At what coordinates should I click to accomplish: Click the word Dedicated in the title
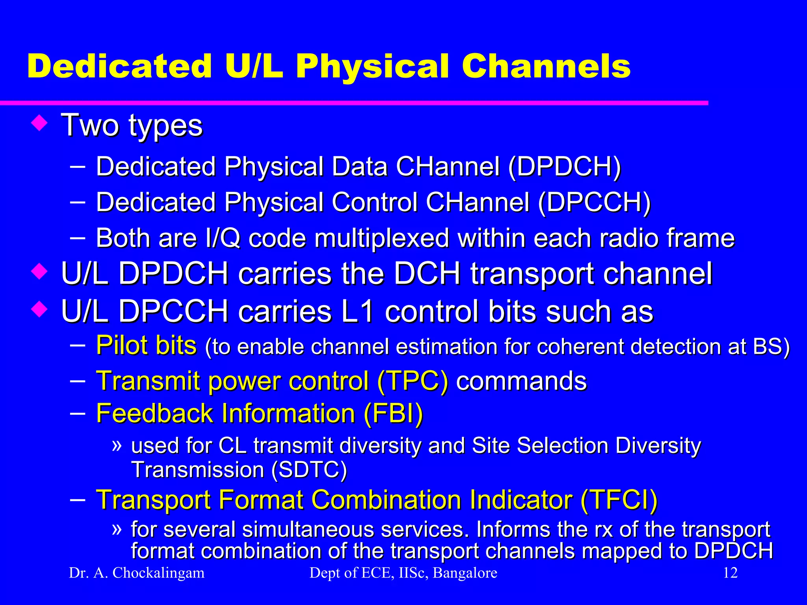point(119,66)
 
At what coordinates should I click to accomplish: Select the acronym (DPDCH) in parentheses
point(564,167)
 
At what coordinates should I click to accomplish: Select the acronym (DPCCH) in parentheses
point(594,202)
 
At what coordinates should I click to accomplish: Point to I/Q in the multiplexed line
point(223,238)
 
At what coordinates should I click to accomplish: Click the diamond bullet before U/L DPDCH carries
point(39,272)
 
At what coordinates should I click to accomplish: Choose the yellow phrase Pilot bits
point(146,345)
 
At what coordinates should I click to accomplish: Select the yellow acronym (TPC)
point(413,381)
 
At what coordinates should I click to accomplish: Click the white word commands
point(521,381)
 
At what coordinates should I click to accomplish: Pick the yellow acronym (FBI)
point(393,414)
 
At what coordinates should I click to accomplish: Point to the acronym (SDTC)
point(309,470)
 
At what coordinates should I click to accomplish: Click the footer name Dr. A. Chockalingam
point(137,573)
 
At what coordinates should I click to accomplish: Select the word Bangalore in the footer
point(465,573)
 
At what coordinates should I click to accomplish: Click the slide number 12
point(730,573)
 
